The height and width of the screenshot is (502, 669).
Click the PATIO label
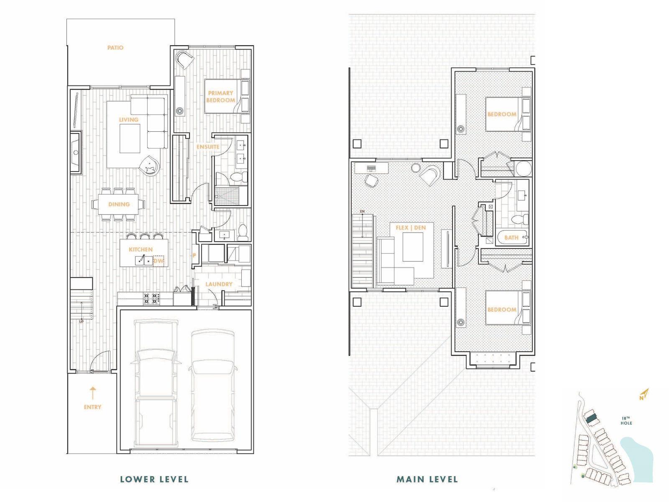pos(115,48)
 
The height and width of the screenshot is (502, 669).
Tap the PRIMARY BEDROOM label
pos(221,97)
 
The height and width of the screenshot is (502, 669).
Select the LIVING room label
pos(129,120)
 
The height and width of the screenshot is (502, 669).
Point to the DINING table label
pos(119,204)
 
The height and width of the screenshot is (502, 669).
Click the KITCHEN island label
pos(140,249)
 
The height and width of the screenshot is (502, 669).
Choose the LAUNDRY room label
pos(219,284)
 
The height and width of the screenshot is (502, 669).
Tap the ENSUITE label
pos(208,147)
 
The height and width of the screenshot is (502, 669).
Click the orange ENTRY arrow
pos(93,393)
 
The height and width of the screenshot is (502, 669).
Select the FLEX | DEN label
pos(411,228)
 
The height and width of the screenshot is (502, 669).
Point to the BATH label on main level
pos(511,238)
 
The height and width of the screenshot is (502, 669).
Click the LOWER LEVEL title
pos(154,479)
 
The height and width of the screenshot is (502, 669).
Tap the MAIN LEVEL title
pos(427,479)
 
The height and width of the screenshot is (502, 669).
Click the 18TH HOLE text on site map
pos(626,420)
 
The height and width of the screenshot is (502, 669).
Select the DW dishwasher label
pos(158,261)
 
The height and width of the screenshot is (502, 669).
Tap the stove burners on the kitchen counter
pos(151,298)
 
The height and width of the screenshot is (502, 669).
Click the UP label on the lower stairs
pos(82,321)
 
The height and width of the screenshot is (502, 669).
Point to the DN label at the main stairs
pos(362,211)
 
